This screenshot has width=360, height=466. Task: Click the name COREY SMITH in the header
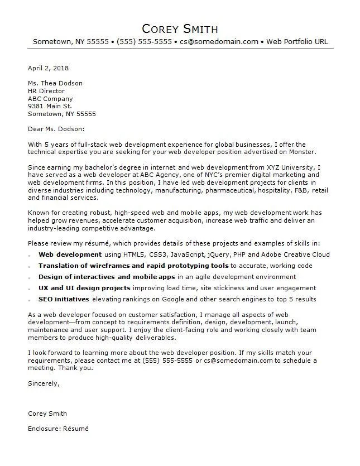click(x=180, y=28)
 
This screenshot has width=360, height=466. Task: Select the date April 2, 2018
click(x=48, y=68)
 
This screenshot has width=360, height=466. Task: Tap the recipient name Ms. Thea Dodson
click(x=55, y=83)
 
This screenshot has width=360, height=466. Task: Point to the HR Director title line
click(x=46, y=91)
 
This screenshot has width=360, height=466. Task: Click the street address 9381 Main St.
click(x=50, y=106)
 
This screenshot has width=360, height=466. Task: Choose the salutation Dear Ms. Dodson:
click(x=56, y=129)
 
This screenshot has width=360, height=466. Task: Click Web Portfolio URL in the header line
click(x=297, y=42)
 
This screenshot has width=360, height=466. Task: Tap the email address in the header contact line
click(x=219, y=42)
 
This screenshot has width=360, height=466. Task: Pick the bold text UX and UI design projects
click(x=84, y=288)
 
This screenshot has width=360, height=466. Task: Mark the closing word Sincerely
click(x=43, y=383)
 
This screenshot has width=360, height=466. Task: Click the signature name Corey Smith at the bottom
click(x=47, y=414)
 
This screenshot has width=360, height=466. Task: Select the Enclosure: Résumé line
click(x=58, y=429)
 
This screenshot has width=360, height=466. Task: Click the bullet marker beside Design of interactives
click(x=30, y=277)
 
